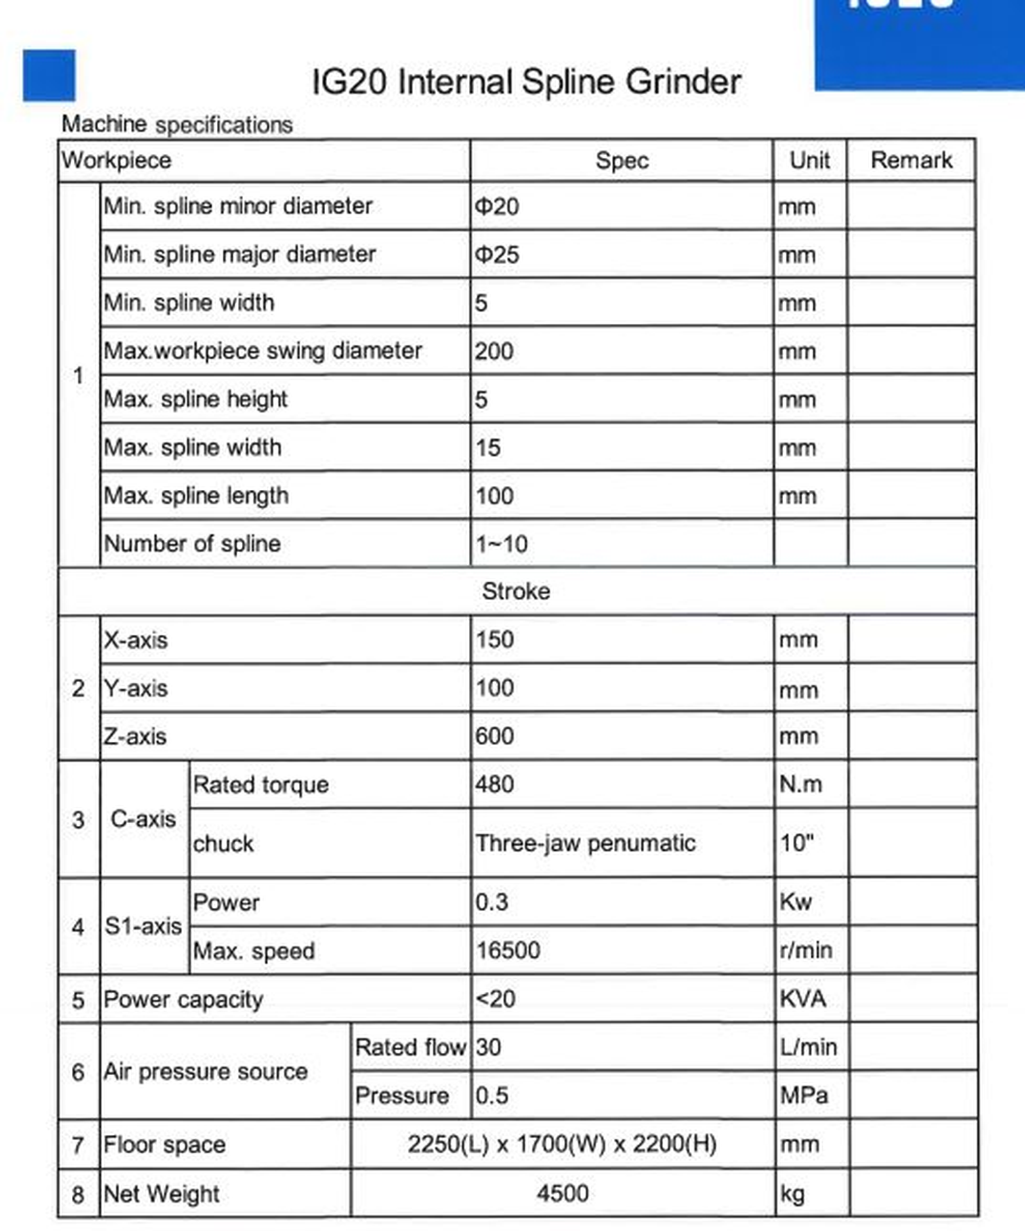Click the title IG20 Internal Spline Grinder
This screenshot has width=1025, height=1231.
point(526,82)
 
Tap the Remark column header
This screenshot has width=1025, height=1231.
point(911,160)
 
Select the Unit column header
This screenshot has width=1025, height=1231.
point(809,160)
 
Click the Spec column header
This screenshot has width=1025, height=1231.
point(622,160)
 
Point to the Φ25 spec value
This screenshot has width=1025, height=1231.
point(496,255)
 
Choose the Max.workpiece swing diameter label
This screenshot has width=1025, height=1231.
point(262,351)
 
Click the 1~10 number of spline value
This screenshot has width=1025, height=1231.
point(501,544)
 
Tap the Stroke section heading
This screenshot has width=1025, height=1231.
point(516,591)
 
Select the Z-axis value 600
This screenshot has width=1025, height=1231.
point(494,736)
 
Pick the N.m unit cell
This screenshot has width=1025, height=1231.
point(800,784)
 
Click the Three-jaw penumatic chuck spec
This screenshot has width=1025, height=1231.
point(585,843)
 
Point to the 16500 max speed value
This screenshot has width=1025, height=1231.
point(507,950)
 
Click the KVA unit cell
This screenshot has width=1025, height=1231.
point(802,999)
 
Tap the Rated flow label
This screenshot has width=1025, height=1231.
point(410,1047)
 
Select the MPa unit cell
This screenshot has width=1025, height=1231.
point(804,1095)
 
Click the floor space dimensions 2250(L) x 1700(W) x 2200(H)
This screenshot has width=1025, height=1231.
point(562,1144)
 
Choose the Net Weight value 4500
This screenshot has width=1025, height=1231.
point(563,1193)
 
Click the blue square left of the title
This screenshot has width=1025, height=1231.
point(49,76)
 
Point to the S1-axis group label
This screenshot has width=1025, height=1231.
point(143,926)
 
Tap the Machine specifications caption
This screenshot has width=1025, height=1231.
point(177,124)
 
